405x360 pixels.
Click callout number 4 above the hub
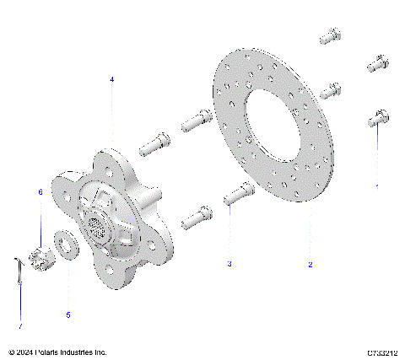111,78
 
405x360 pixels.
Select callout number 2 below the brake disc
310,265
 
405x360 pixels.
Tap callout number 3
228,264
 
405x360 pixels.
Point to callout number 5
68,314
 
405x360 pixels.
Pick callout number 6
39,192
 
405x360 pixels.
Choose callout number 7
20,325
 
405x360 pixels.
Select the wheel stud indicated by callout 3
235,195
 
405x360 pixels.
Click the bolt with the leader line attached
376,119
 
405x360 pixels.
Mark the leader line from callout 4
111,118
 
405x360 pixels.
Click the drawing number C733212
382,352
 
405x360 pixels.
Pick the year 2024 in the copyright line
23,352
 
